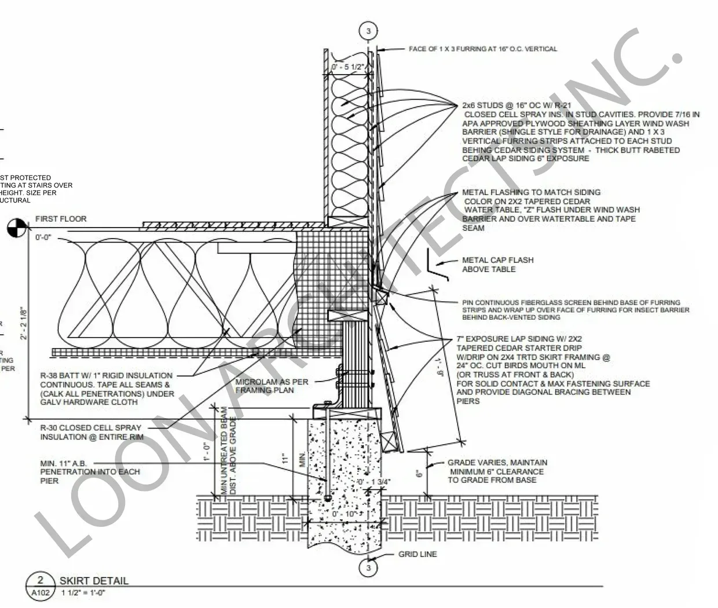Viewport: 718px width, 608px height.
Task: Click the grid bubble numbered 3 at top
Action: tap(369, 31)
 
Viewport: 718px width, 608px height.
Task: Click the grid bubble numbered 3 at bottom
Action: tap(369, 568)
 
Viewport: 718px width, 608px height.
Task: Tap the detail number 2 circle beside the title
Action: tap(41, 580)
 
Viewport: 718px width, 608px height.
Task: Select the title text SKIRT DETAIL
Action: tap(94, 581)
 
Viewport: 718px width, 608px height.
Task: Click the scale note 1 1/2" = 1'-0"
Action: tap(83, 592)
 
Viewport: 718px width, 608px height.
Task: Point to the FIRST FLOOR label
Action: tap(61, 219)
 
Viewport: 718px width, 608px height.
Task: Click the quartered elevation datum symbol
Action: tap(16, 228)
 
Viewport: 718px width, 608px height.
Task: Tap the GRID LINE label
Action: tap(417, 554)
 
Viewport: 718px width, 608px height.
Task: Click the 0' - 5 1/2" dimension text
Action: tap(348, 67)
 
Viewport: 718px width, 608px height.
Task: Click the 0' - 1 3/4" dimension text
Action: tap(373, 482)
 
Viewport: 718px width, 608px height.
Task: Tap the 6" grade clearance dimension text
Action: tap(419, 472)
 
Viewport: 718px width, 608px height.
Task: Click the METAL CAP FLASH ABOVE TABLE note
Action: tap(497, 265)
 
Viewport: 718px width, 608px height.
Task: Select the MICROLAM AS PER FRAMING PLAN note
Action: tap(272, 386)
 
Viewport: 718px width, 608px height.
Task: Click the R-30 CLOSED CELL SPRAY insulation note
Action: tap(90, 432)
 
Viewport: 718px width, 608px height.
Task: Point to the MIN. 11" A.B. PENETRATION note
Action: tap(90, 472)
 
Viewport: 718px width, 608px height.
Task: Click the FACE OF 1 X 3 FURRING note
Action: tap(483, 49)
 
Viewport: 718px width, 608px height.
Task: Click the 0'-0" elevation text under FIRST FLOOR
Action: tap(43, 237)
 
